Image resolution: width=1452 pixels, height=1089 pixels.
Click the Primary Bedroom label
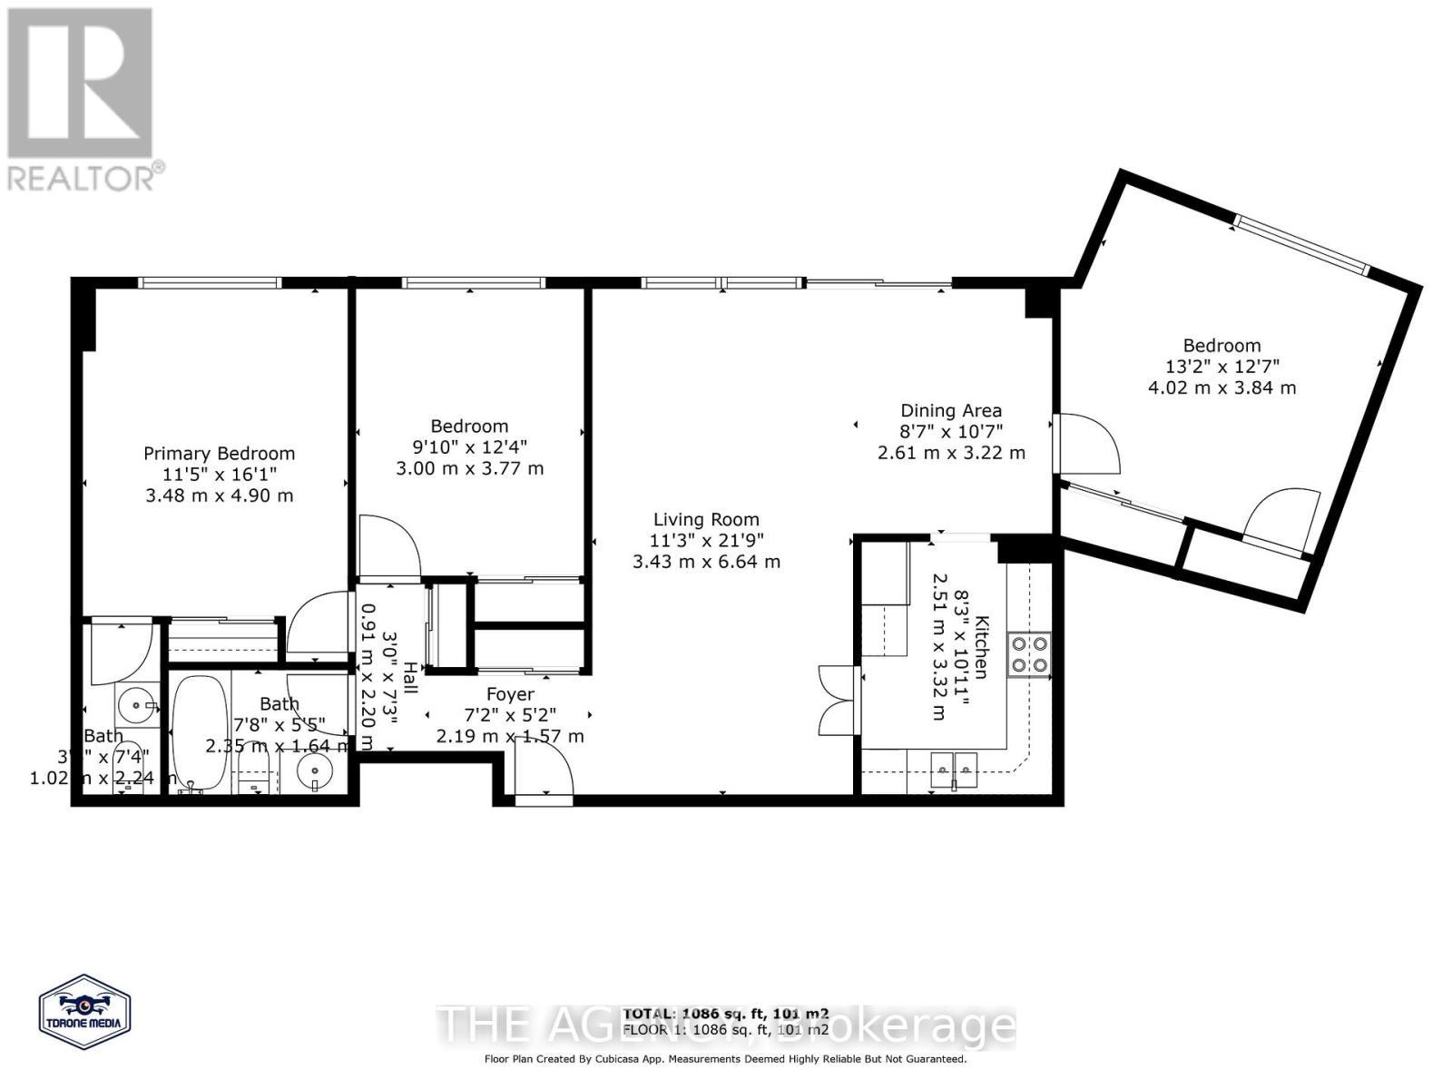[219, 453]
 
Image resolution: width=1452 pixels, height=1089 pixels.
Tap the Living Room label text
[706, 520]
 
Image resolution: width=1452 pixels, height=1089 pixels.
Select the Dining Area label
[950, 410]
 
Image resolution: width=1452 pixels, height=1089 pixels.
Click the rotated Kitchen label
[981, 647]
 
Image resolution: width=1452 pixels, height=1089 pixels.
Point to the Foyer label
[510, 694]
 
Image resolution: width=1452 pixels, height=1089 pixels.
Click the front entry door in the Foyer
[544, 771]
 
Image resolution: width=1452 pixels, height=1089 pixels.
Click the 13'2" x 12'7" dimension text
[1221, 367]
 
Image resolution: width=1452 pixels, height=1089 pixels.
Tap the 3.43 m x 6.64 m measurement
[706, 562]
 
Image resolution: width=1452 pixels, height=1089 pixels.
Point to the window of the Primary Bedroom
[210, 283]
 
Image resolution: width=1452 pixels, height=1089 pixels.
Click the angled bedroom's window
[1302, 244]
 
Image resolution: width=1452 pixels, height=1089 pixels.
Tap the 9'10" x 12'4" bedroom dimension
[469, 447]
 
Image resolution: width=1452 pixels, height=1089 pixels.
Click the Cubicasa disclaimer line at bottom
[725, 1059]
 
